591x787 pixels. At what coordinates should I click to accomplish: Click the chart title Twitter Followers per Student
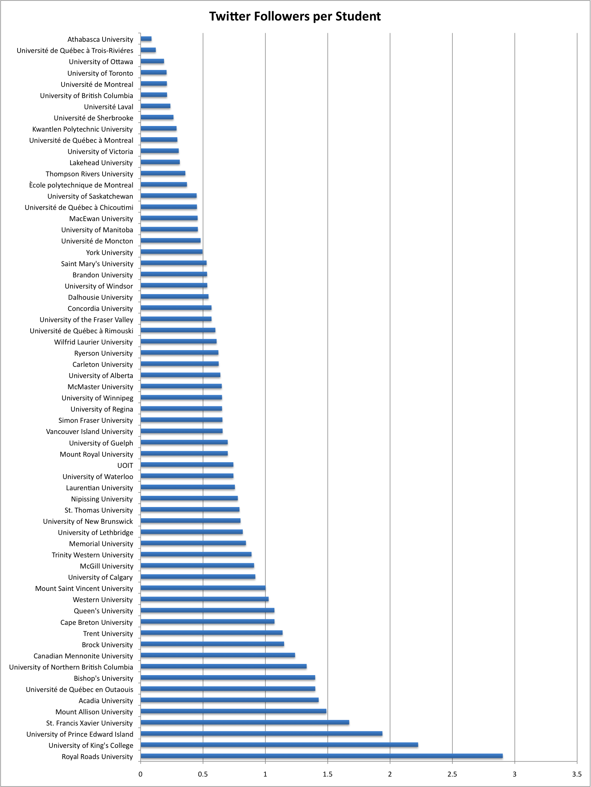point(295,16)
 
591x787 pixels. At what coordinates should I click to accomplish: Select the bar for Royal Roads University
point(321,756)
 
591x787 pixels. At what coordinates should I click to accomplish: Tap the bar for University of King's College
point(279,745)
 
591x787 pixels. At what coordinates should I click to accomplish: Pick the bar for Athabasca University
point(146,39)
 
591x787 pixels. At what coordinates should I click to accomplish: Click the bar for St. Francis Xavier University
point(245,722)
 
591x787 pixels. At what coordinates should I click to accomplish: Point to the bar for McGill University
point(197,566)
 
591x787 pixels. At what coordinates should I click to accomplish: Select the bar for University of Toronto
point(154,72)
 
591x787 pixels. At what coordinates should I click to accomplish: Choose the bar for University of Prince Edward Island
point(261,733)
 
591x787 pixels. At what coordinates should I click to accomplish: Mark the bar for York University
point(172,252)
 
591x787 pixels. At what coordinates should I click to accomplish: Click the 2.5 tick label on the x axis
point(452,774)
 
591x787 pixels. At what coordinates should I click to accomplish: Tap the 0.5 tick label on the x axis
point(203,774)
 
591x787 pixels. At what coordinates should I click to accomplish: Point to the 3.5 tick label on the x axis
point(577,774)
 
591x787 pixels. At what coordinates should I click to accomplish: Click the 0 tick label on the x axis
point(141,774)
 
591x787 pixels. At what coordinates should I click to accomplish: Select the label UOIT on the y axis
point(125,466)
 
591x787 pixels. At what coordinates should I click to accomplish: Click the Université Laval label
point(109,107)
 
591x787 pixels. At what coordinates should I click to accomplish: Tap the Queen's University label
point(103,611)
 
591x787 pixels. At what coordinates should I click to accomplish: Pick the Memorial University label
point(101,544)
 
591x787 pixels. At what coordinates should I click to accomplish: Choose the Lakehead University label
point(101,163)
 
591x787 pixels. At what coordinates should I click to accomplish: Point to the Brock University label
point(107,645)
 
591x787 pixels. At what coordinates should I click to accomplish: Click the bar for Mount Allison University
point(233,711)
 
